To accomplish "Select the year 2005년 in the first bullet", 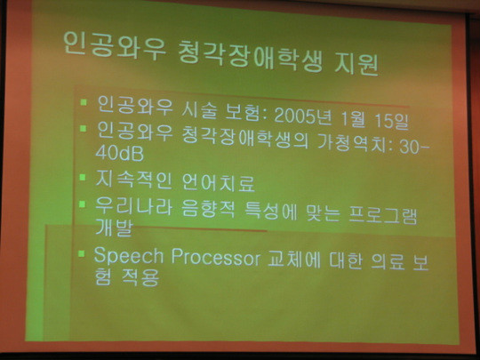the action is coord(303,116).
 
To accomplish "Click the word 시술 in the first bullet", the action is coord(199,110).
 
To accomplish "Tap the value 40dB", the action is coord(119,153).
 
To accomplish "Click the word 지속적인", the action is coord(133,180).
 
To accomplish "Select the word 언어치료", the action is coord(219,182).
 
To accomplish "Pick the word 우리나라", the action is coord(133,205).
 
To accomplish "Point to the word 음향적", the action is coord(208,209).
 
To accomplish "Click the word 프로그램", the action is coord(383,215).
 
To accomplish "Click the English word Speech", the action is coord(129,256).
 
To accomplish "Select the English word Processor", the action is coord(215,258).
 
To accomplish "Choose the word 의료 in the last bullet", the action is coord(388,261).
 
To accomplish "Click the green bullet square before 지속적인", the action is coord(82,177).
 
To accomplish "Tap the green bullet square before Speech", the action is coord(81,253).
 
